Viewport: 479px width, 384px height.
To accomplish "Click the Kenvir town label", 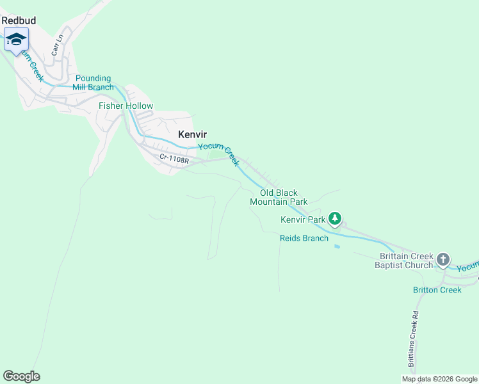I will click(x=191, y=134).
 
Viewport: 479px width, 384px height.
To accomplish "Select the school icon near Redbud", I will click(x=16, y=40).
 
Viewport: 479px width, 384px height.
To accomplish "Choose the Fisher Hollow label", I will click(x=126, y=106).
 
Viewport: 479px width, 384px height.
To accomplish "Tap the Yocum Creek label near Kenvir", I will click(x=218, y=154).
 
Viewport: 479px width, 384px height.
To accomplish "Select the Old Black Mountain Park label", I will click(x=279, y=197).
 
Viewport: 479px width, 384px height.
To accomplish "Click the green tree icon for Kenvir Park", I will click(x=334, y=219).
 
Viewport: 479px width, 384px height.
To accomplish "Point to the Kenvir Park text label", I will click(x=303, y=220).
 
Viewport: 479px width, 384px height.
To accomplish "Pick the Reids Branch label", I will click(x=304, y=238).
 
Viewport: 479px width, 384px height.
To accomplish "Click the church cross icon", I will click(x=442, y=259).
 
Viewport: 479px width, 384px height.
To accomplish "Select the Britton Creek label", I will click(x=437, y=290).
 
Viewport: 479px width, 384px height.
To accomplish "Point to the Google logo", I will click(x=21, y=376).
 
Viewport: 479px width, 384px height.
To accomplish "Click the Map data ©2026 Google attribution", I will click(x=439, y=379).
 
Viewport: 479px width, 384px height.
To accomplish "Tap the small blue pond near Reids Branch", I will click(x=337, y=246).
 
